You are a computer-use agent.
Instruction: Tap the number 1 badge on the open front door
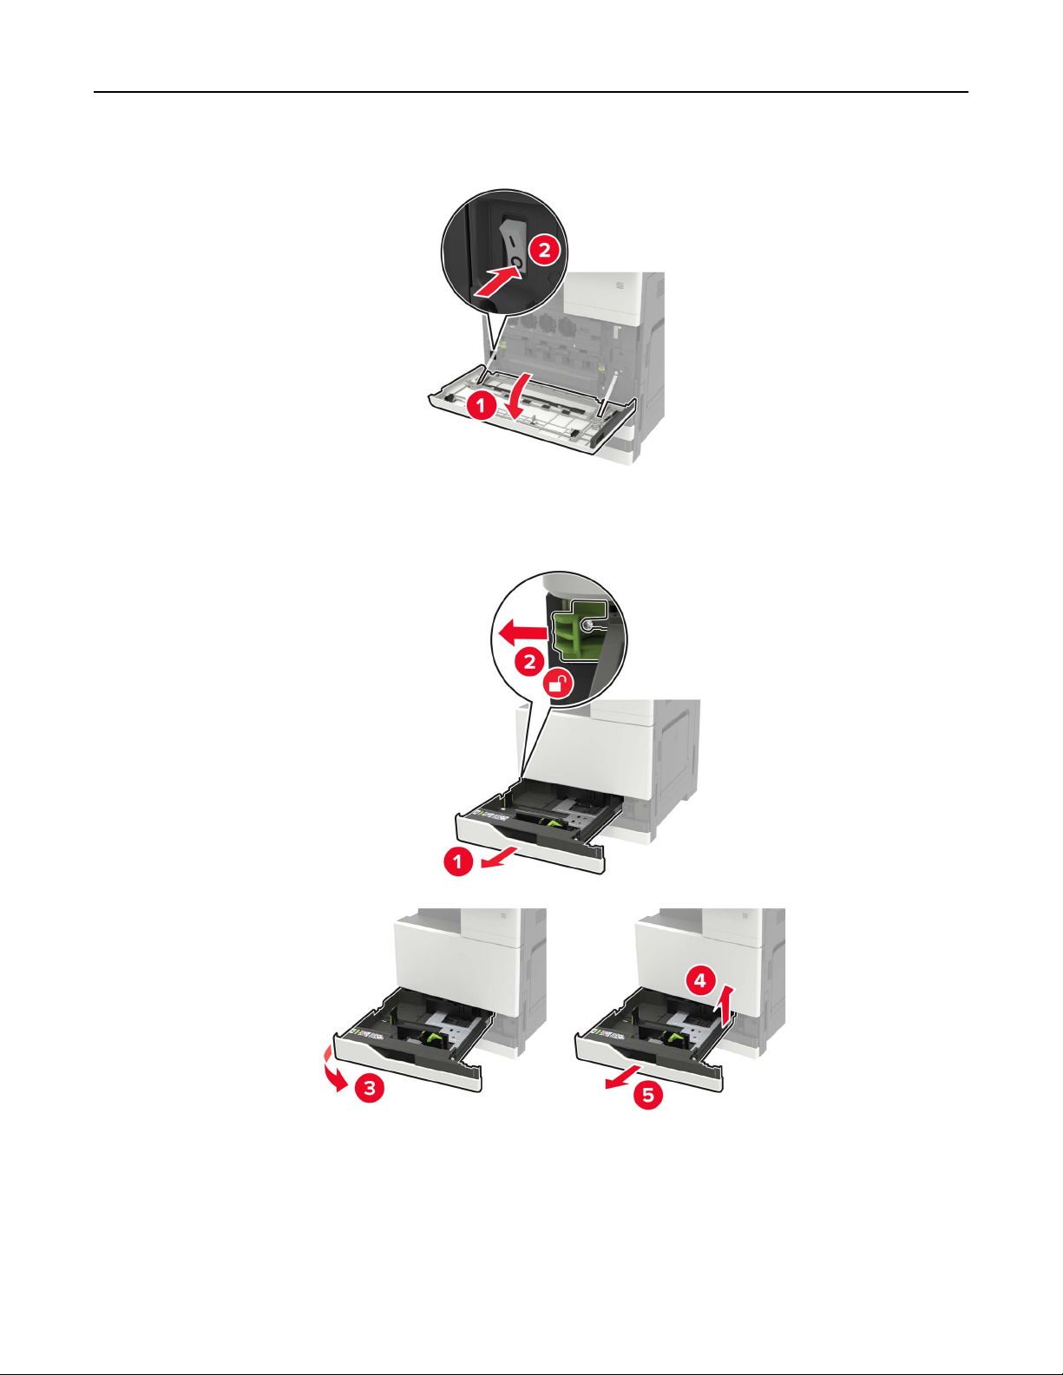pos(482,406)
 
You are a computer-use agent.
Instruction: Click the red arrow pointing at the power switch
pos(499,280)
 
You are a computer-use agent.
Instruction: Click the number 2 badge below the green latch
pos(530,663)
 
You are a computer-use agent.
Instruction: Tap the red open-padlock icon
pos(558,684)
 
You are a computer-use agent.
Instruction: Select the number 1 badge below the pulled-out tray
pos(459,861)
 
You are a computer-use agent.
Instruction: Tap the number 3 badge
pos(369,1088)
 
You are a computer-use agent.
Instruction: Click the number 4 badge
pos(700,981)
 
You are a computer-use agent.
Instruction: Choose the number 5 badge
pos(648,1094)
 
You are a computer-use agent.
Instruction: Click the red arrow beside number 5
pos(625,1076)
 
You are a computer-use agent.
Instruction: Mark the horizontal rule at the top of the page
pos(531,92)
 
